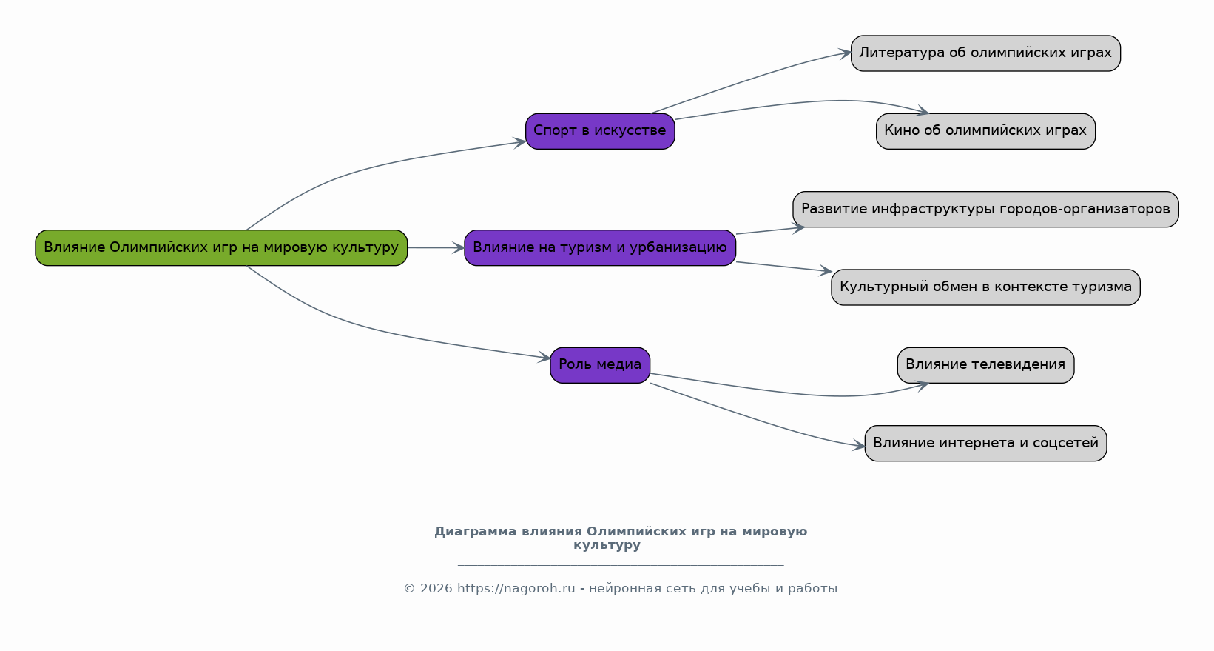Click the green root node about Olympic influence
221,247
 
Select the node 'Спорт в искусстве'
600,131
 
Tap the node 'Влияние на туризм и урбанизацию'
600,247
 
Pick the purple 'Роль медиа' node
600,365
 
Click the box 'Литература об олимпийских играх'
985,53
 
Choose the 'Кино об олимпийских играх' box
985,131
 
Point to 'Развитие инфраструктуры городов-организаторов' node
985,209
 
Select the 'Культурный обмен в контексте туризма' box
985,287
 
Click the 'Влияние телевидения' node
985,365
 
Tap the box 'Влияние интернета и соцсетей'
985,443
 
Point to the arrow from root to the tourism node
436,247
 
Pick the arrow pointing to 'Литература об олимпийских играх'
755,78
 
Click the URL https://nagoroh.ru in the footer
516,589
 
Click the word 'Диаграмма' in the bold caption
475,532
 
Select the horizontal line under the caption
620,565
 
